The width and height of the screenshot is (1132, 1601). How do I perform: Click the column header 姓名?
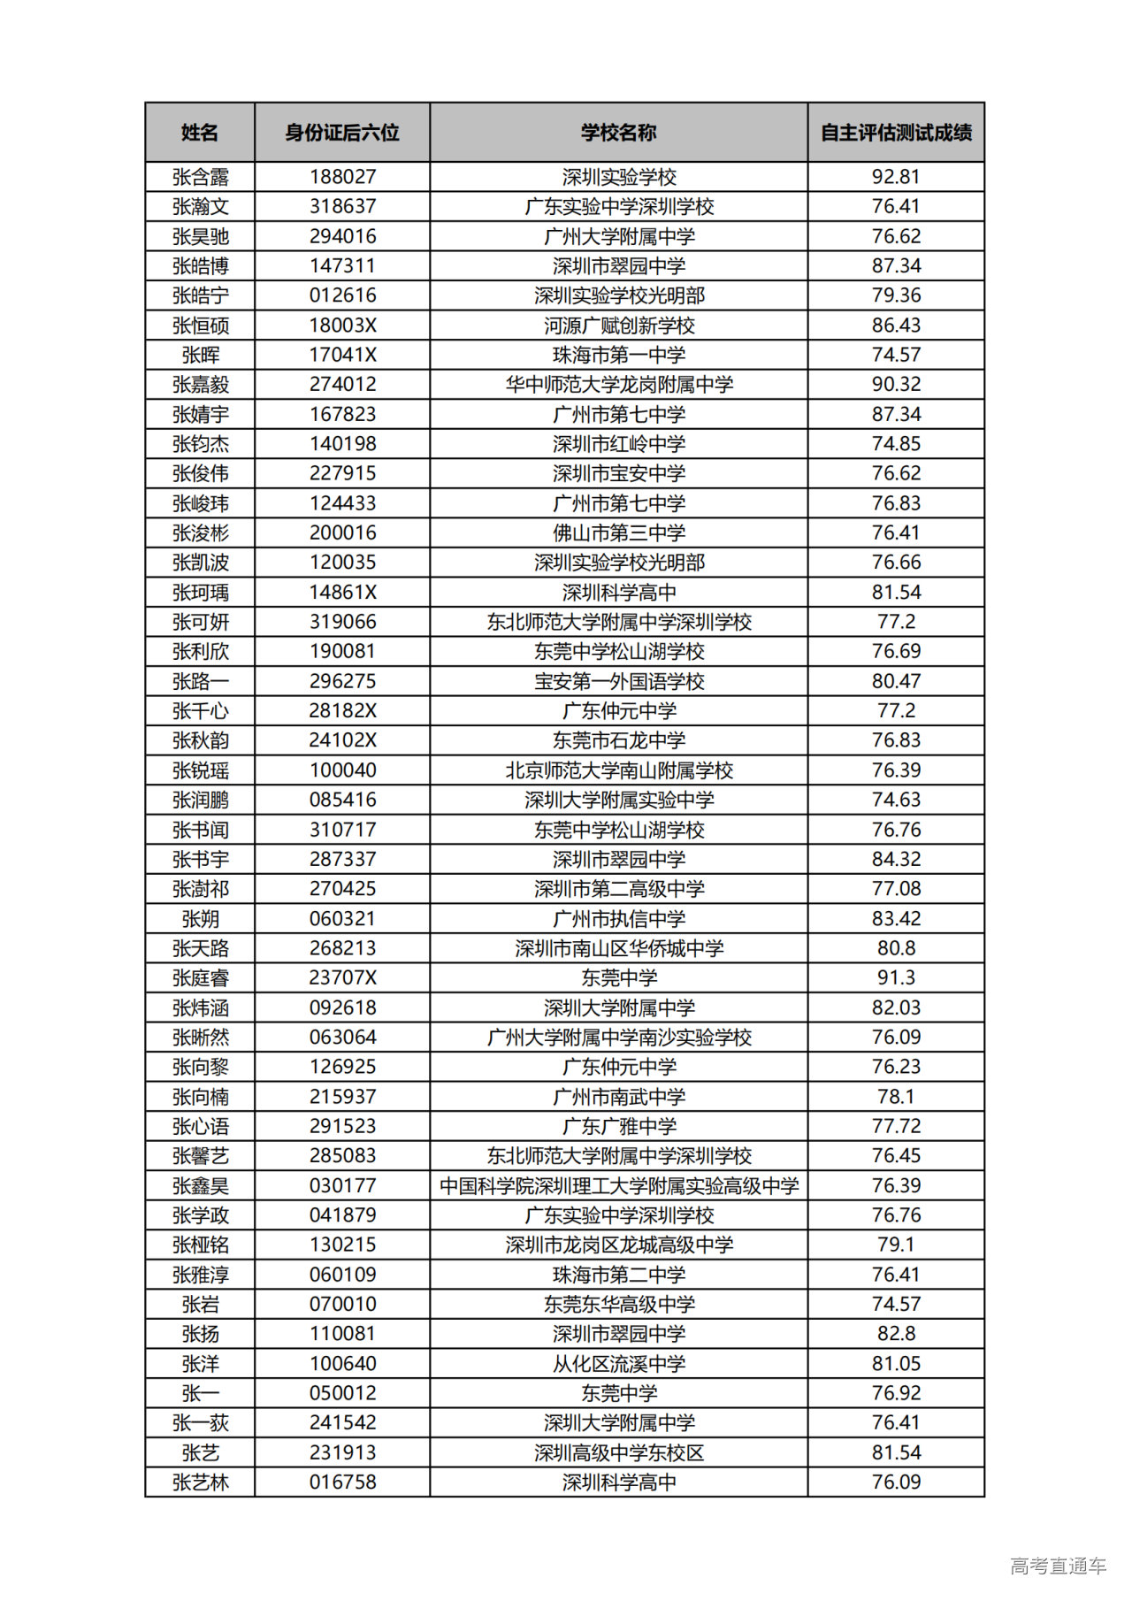tap(200, 133)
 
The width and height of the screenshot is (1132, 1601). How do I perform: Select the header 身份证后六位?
tap(342, 133)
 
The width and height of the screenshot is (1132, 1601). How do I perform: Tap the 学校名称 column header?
tap(619, 133)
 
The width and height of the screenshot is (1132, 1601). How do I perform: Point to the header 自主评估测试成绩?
tap(896, 133)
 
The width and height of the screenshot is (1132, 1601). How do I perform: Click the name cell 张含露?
tap(201, 177)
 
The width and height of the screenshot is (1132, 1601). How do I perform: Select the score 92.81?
tap(896, 177)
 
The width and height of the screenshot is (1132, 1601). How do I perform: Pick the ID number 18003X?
tap(342, 326)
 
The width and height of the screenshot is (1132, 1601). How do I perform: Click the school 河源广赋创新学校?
tap(619, 326)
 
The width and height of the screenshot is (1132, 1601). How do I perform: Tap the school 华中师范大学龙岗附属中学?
tap(619, 385)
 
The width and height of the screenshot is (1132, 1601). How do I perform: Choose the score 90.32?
tap(896, 385)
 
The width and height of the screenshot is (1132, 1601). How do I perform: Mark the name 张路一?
tap(201, 681)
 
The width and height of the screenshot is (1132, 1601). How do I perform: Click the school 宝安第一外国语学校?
tap(619, 681)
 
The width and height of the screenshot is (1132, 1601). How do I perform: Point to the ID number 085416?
tap(342, 800)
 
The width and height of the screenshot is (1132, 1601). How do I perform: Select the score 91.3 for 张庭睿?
tap(896, 977)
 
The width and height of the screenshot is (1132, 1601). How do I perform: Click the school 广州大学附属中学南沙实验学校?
tap(619, 1037)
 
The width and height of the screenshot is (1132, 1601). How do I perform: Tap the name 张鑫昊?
tap(201, 1185)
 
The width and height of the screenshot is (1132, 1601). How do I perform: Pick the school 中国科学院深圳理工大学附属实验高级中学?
tap(619, 1185)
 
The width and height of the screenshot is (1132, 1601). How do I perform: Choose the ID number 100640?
tap(342, 1363)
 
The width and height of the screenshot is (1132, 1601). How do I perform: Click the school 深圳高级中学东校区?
tap(619, 1452)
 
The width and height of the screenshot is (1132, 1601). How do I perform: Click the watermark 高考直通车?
tap(1058, 1566)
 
